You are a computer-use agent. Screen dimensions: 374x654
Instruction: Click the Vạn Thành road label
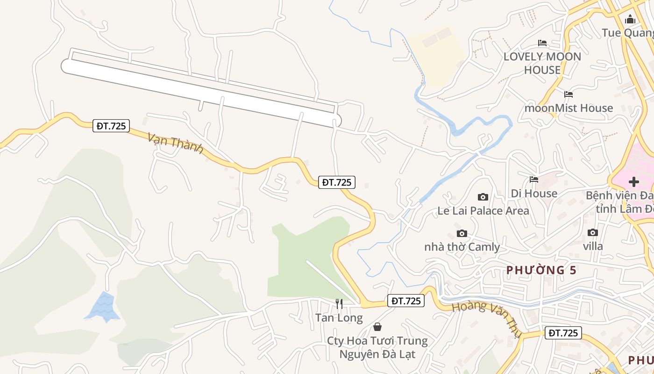tap(175, 143)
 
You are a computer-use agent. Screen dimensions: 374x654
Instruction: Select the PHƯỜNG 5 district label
tap(541, 270)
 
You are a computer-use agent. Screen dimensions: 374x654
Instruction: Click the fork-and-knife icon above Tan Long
tap(339, 304)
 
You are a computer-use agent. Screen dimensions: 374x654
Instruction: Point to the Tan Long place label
tap(339, 318)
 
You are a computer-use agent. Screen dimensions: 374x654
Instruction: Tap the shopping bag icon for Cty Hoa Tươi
tap(377, 327)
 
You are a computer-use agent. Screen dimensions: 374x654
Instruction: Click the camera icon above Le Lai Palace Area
tap(483, 197)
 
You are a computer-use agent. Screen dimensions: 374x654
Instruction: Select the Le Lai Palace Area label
tap(483, 211)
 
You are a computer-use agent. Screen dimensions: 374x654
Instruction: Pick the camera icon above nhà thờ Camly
tap(462, 233)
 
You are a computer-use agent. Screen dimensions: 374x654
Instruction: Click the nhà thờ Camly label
tap(462, 247)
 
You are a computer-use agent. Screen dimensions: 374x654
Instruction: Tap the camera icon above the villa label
tap(592, 232)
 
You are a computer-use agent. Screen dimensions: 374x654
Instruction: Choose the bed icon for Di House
tap(534, 180)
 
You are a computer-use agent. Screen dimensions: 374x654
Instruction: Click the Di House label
tap(534, 193)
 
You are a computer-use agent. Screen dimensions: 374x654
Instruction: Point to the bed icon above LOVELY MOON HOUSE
tap(542, 43)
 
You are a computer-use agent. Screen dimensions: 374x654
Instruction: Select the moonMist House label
tap(569, 108)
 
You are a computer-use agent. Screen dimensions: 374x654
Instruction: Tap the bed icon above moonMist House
tap(569, 94)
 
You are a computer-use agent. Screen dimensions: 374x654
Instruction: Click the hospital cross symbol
tap(633, 182)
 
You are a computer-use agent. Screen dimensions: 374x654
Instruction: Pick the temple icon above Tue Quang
tap(630, 19)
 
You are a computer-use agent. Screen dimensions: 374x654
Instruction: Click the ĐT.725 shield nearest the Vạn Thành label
tap(111, 126)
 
